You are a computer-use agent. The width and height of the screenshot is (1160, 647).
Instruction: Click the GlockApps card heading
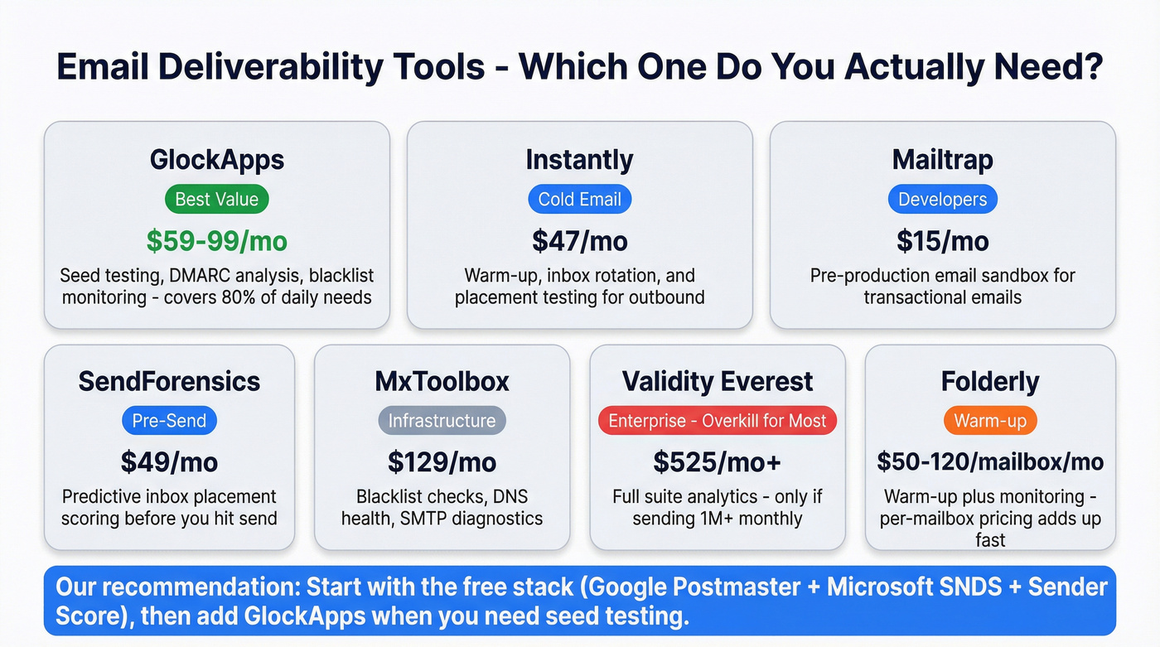(x=216, y=159)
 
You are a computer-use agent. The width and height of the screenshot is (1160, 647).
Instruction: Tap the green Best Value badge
(x=216, y=199)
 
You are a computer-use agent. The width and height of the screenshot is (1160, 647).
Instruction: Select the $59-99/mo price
(x=216, y=241)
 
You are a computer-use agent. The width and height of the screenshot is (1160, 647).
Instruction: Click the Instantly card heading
(x=579, y=159)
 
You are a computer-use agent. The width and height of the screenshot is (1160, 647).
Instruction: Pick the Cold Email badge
(x=579, y=199)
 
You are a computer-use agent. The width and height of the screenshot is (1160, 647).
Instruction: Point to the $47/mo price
(x=579, y=241)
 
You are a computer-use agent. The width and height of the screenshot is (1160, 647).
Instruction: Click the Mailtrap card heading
(x=942, y=159)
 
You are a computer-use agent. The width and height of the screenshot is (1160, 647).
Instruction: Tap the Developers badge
(x=942, y=199)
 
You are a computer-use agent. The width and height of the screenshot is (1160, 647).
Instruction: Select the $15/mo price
(x=942, y=241)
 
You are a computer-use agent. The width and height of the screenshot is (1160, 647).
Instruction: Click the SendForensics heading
(x=169, y=381)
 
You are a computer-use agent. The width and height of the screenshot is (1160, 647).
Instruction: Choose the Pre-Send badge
(x=169, y=421)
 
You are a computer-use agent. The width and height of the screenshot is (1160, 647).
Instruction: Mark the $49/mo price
(x=169, y=461)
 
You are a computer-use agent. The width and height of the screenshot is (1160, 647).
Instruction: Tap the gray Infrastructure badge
(x=442, y=421)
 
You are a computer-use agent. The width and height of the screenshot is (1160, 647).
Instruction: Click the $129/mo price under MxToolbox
(x=442, y=461)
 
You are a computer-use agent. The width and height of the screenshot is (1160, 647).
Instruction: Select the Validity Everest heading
(x=718, y=381)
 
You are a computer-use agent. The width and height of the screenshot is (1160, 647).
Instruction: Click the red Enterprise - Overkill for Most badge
(x=718, y=421)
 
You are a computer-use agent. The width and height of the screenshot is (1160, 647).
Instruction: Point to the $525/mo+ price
(x=718, y=461)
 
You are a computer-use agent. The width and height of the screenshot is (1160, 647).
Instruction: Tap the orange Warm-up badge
(x=990, y=421)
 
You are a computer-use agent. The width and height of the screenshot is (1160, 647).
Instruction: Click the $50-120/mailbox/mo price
(x=990, y=461)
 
